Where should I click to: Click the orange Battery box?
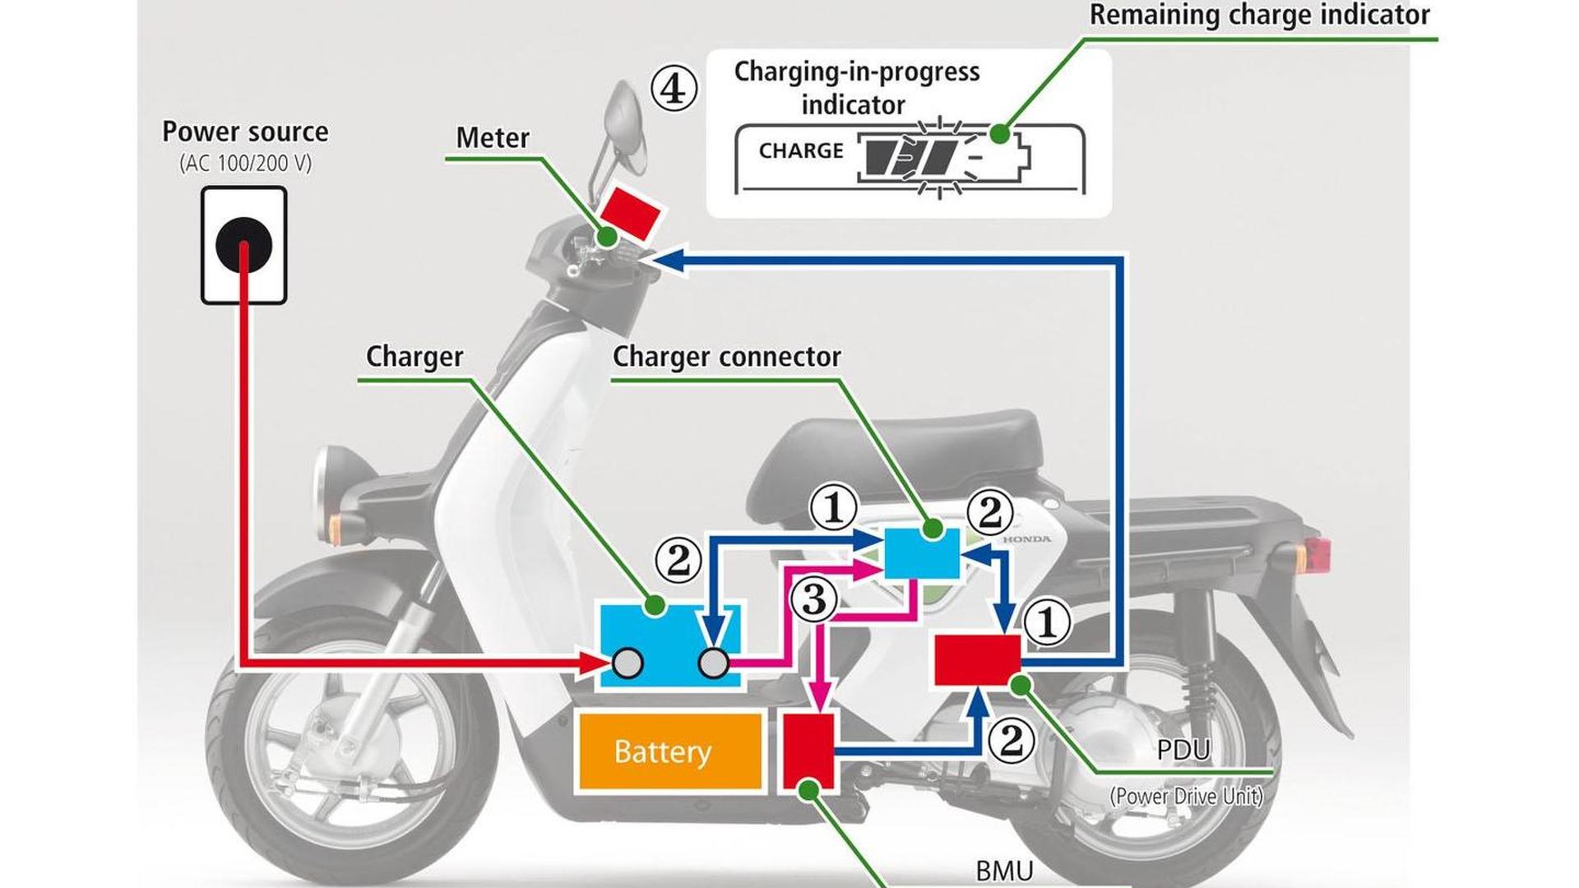click(670, 752)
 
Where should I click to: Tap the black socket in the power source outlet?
click(243, 245)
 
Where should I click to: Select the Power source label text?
click(245, 132)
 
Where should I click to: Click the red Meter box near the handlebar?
click(630, 211)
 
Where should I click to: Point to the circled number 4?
click(674, 89)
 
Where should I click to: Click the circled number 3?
click(814, 599)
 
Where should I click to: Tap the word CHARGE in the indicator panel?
click(801, 151)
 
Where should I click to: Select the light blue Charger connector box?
click(921, 553)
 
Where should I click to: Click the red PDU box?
click(976, 659)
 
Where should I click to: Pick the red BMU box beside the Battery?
click(808, 751)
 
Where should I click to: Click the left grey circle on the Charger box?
click(627, 663)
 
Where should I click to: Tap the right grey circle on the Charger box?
click(713, 663)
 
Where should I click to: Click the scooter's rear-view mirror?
click(623, 120)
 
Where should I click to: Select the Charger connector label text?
click(726, 357)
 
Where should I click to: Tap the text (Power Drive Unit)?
click(1186, 796)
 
